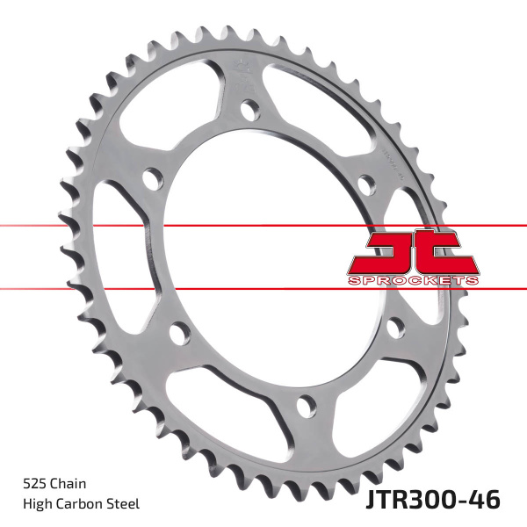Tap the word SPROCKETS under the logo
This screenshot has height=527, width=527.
pyautogui.click(x=412, y=278)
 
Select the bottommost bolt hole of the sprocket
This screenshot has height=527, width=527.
pyautogui.click(x=305, y=405)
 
